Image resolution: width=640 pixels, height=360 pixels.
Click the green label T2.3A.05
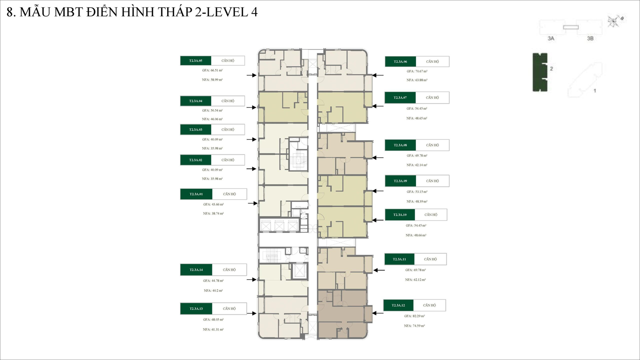(x=196, y=61)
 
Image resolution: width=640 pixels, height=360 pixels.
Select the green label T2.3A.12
(x=398, y=305)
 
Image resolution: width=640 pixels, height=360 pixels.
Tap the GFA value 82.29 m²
(x=414, y=316)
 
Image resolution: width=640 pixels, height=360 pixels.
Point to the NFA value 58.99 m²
(x=212, y=80)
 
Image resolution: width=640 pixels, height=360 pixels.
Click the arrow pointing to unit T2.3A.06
(x=378, y=75)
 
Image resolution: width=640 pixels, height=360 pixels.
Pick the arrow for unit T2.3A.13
(x=251, y=313)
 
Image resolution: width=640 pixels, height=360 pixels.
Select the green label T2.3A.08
(x=400, y=145)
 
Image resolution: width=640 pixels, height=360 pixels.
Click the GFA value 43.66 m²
(x=214, y=204)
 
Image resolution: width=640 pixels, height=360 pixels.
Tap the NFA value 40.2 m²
(x=213, y=291)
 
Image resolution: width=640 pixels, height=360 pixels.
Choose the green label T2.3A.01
(x=196, y=194)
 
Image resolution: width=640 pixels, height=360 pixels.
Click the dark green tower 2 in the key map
(x=540, y=72)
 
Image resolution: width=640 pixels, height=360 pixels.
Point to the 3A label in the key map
(x=551, y=38)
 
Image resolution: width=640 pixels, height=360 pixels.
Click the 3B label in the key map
(x=590, y=38)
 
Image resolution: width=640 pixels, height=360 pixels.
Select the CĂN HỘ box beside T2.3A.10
(x=431, y=215)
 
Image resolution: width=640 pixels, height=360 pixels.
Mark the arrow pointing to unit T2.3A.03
(x=251, y=139)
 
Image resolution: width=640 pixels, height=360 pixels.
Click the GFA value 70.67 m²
(x=417, y=71)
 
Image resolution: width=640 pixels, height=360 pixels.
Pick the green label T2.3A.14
(x=196, y=270)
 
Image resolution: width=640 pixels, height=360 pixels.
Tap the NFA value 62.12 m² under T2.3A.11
(x=416, y=280)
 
